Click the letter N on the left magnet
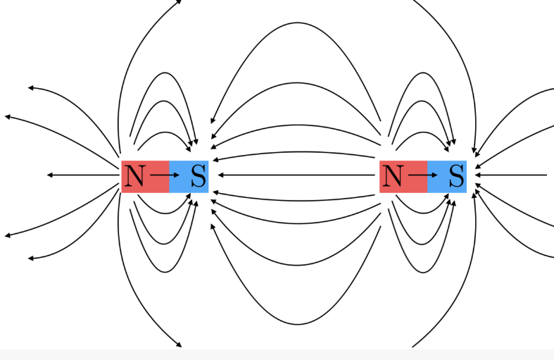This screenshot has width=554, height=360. coord(135,175)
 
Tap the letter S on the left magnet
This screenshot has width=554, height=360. coord(199,175)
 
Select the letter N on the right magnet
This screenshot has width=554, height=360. coord(393,175)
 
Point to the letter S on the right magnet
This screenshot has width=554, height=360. coord(456,175)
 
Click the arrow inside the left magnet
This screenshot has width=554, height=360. coord(165,175)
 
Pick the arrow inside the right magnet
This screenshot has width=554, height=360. coord(423,175)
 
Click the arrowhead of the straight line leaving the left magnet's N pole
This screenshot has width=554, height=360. coord(50,175)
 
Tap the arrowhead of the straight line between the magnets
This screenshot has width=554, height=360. coord(221,175)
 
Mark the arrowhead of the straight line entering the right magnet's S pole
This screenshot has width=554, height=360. coord(478,175)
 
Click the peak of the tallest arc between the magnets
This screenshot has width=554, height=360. coord(298,23)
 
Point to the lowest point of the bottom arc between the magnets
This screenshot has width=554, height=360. coord(298,324)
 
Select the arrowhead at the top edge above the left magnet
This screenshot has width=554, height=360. coord(179,2)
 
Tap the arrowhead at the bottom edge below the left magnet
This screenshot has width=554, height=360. coord(179,345)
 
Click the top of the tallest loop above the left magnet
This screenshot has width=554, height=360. coord(165,73)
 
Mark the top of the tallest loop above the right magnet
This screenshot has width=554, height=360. coord(423,73)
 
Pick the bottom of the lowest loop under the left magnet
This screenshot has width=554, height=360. coord(165,273)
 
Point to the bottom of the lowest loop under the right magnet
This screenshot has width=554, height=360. coord(423,273)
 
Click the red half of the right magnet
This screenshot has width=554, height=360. coord(403,176)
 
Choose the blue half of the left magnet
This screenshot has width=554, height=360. coord(189,176)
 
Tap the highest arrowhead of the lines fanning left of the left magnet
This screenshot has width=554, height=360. coord(31,87)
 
